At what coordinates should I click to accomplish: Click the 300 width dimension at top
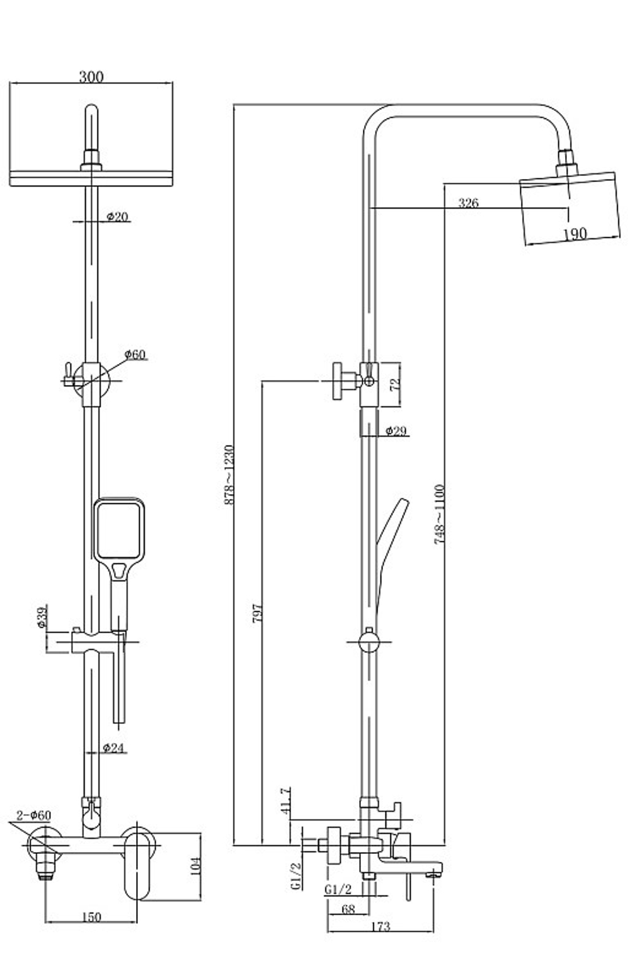coord(91,77)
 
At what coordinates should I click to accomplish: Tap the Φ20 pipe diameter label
coord(117,217)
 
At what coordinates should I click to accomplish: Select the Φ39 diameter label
coord(42,618)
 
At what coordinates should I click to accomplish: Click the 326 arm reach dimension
coord(468,202)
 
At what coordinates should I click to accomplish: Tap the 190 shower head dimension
coord(575,234)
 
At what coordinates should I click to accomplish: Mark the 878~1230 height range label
coord(229,475)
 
